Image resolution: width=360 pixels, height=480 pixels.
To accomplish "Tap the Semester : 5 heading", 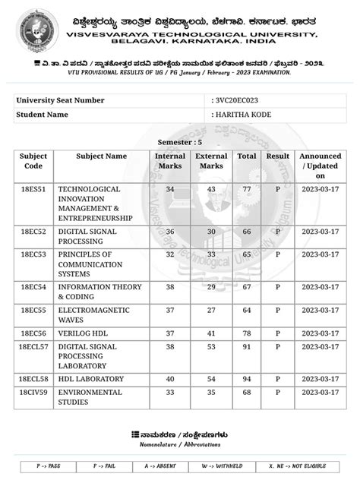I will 179,142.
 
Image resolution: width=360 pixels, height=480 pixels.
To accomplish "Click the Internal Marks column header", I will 170,161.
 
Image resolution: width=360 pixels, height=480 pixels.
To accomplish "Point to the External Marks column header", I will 211,161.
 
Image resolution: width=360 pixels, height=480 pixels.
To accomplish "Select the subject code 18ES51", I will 33,189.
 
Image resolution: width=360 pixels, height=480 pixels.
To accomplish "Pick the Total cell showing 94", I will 246,378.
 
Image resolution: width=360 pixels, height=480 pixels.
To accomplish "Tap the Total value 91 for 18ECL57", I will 246,347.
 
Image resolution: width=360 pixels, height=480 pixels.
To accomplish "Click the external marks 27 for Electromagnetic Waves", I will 211,310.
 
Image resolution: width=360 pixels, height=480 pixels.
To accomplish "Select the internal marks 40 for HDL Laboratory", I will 170,378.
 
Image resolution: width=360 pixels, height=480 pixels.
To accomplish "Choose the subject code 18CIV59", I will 33,393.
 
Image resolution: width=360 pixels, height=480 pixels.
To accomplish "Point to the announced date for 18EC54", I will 320,287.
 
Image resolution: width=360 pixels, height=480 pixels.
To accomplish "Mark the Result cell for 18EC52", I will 278,231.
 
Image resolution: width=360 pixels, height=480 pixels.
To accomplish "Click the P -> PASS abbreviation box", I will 49,465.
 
